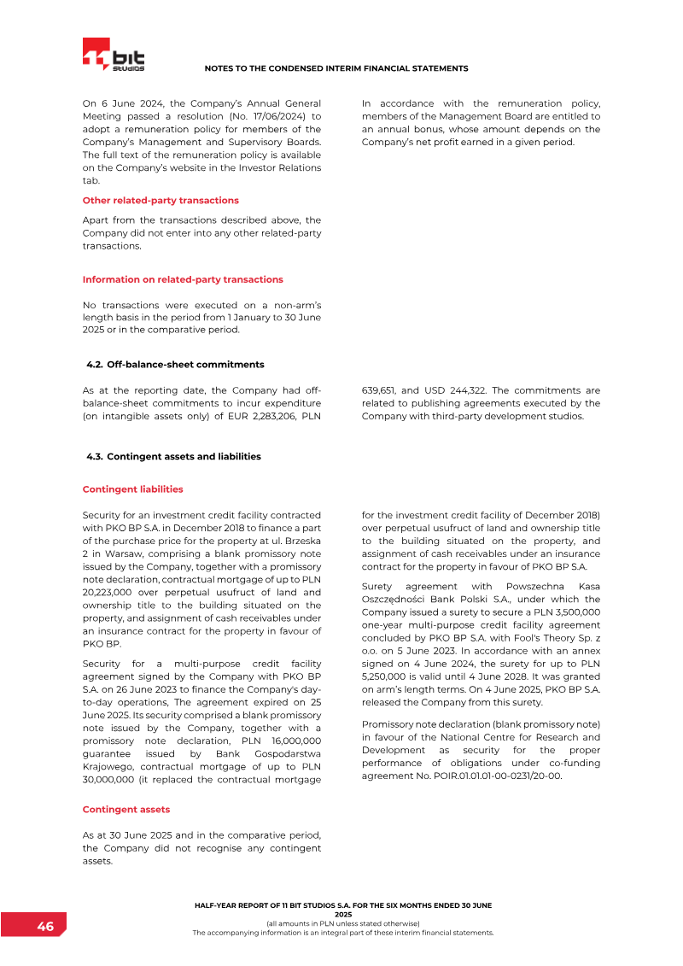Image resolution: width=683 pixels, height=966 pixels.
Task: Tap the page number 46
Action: (45, 927)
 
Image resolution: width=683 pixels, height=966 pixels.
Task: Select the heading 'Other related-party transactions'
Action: (161, 201)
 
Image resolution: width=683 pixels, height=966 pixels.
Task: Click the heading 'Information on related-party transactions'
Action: (183, 279)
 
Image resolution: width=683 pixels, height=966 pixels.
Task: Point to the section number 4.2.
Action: (94, 365)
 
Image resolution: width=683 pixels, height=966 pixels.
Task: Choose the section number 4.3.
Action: (94, 457)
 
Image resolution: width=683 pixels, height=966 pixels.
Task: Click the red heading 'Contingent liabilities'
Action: (132, 489)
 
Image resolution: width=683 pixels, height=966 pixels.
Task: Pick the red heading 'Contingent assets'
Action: (126, 809)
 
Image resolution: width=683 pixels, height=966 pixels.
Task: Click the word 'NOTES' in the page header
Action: (220, 68)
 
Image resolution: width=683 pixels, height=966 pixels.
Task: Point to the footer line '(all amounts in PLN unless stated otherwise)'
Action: (342, 923)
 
